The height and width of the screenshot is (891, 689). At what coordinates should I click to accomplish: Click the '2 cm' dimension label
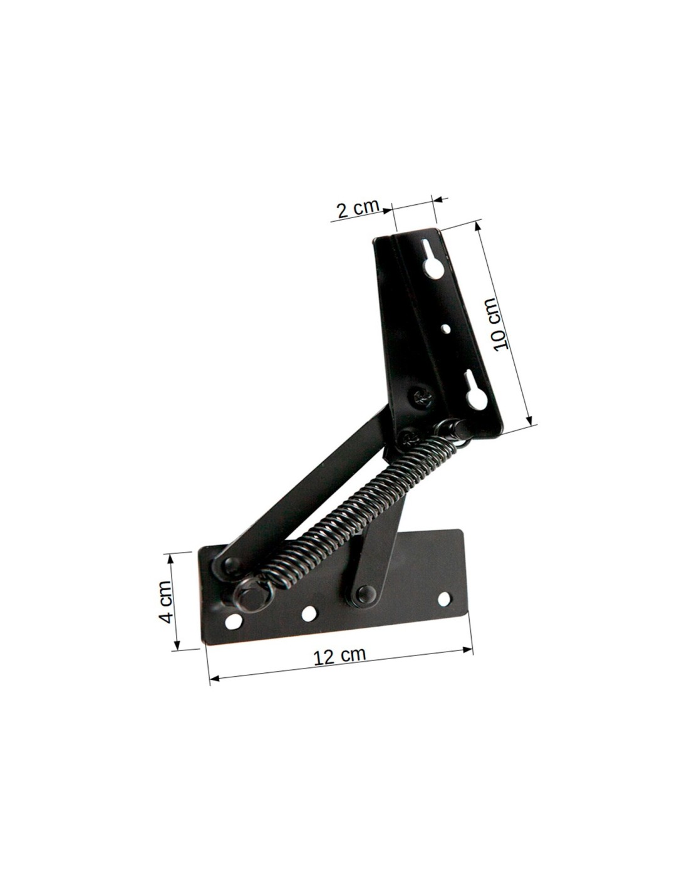[358, 209]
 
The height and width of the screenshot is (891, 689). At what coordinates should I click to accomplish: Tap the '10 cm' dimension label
[500, 325]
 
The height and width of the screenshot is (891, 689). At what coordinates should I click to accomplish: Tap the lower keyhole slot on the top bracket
[475, 393]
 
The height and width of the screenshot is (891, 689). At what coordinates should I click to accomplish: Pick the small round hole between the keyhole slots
[447, 328]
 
